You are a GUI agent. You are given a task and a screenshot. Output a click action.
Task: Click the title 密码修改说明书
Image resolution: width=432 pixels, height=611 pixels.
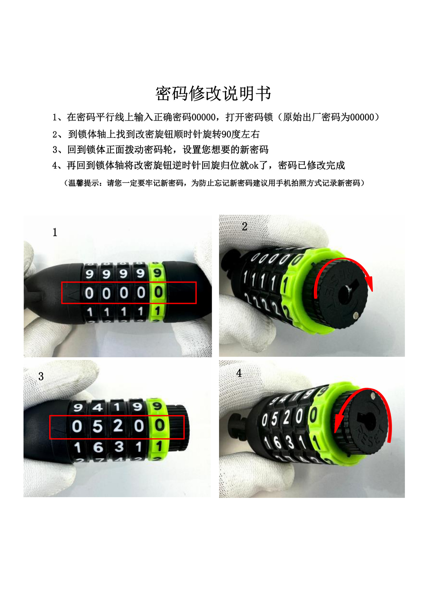(213, 94)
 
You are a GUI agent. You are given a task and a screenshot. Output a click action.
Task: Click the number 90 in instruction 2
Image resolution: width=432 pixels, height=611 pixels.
(226, 134)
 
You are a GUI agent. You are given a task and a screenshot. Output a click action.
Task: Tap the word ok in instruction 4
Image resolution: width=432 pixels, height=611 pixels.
(253, 165)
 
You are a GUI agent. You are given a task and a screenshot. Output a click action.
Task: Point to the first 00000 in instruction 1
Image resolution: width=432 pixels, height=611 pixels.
(203, 117)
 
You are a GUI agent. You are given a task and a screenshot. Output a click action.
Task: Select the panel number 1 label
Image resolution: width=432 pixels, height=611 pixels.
(55, 232)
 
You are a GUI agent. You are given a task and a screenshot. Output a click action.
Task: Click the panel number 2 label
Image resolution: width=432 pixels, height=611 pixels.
(244, 227)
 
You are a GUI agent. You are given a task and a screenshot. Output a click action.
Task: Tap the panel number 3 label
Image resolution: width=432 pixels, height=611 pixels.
(41, 376)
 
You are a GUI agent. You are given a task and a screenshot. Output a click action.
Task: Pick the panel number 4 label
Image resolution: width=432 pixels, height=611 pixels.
(239, 373)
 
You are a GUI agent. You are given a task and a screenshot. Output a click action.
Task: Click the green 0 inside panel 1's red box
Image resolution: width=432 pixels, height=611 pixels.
(159, 292)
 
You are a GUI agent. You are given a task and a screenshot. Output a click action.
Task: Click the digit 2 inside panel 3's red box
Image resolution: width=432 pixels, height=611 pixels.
(118, 426)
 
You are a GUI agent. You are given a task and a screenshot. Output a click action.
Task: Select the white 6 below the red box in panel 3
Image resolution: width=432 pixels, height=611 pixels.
(98, 447)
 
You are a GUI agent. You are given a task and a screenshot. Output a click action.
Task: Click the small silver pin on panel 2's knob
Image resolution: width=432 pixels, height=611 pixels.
(356, 315)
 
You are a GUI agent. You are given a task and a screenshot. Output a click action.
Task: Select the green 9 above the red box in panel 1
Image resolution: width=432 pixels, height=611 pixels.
(157, 273)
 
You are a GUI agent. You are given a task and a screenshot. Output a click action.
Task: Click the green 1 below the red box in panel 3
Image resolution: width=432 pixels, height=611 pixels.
(159, 446)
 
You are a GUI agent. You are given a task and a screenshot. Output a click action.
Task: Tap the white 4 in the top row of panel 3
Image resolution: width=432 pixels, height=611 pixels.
(97, 407)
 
